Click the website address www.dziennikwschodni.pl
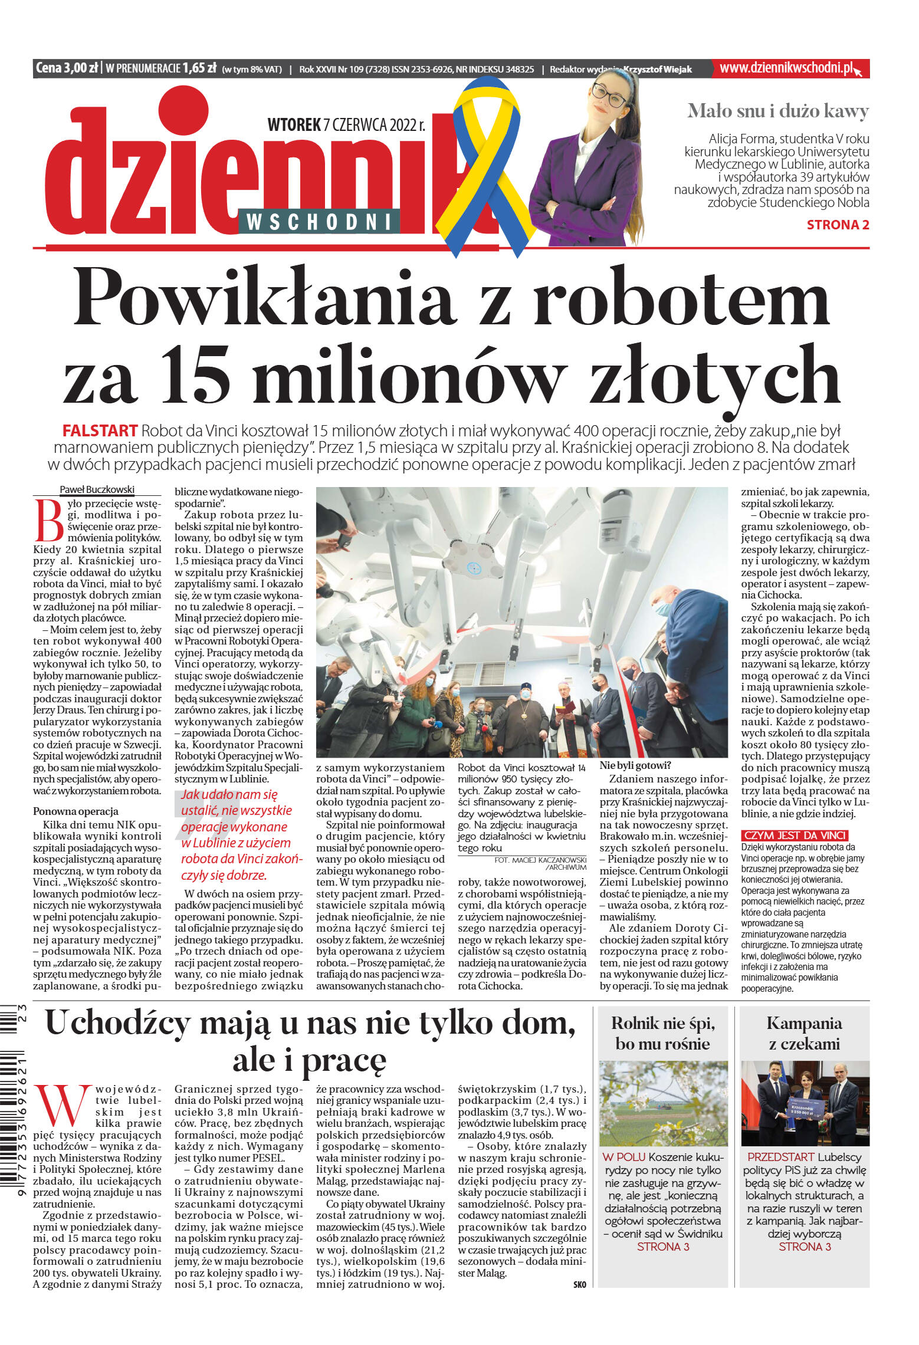[786, 68]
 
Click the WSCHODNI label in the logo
[319, 222]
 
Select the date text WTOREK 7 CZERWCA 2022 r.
[346, 125]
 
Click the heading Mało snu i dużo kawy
[777, 111]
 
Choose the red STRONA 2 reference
[837, 225]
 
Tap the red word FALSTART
[100, 430]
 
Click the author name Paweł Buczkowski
[97, 489]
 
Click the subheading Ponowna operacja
[76, 811]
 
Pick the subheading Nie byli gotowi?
[635, 766]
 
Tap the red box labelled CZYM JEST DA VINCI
[794, 835]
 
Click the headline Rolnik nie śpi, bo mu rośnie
[662, 1033]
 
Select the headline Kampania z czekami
[804, 1033]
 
